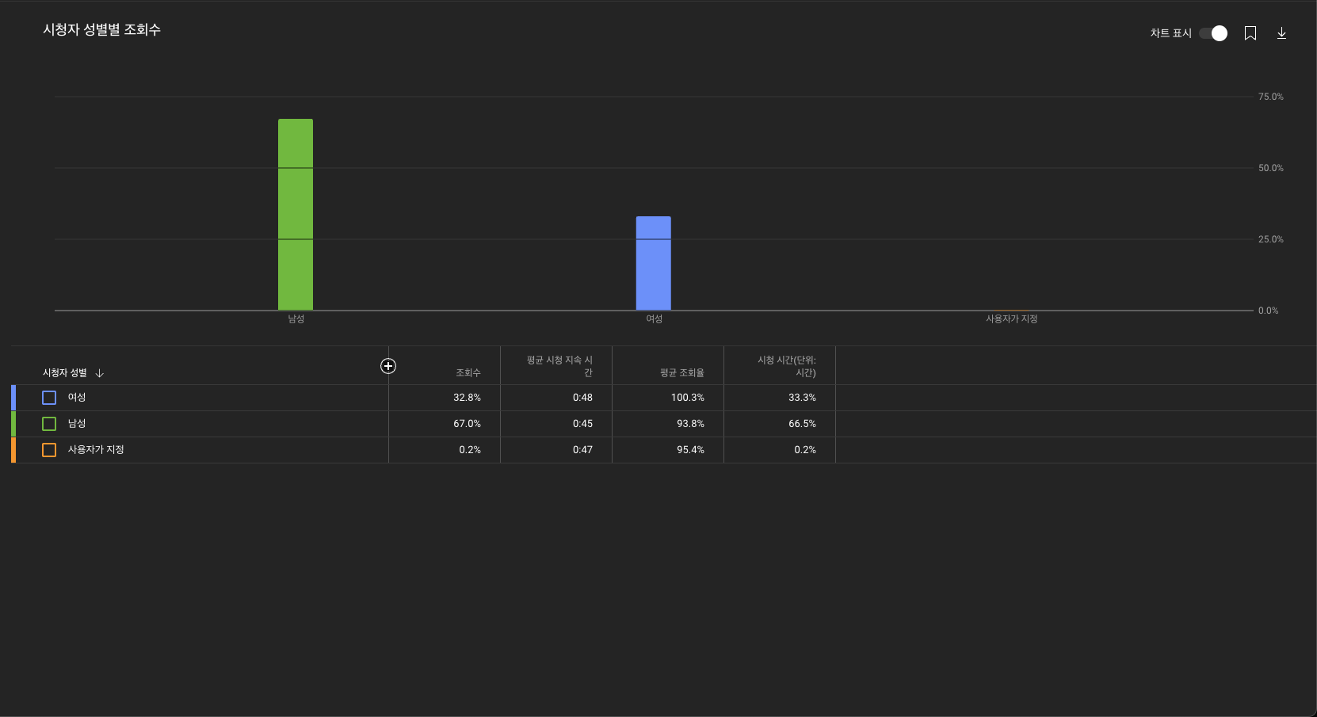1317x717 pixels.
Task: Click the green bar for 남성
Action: click(296, 215)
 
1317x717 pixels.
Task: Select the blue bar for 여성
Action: click(654, 263)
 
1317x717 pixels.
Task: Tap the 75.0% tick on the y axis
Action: click(1270, 97)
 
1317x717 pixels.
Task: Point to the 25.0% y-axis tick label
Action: click(1270, 239)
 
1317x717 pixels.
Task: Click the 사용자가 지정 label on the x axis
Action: click(1011, 319)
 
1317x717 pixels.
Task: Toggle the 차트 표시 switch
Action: click(1213, 33)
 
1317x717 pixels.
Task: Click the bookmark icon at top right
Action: click(1250, 33)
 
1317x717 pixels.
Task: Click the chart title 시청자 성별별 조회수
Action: click(101, 30)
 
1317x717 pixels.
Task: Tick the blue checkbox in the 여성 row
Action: click(49, 398)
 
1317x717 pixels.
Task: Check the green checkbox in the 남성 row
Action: click(49, 424)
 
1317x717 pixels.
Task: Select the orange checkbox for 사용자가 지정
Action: click(49, 450)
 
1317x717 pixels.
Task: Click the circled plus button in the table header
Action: click(388, 366)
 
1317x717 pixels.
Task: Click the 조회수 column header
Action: click(468, 373)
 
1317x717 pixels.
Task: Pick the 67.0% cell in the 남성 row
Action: click(467, 424)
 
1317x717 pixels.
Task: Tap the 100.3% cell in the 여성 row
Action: click(687, 398)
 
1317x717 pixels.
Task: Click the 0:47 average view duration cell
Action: click(582, 450)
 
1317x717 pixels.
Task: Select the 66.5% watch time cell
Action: click(802, 424)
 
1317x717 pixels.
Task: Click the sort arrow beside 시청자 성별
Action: click(100, 373)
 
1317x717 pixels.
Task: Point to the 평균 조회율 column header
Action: click(681, 373)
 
